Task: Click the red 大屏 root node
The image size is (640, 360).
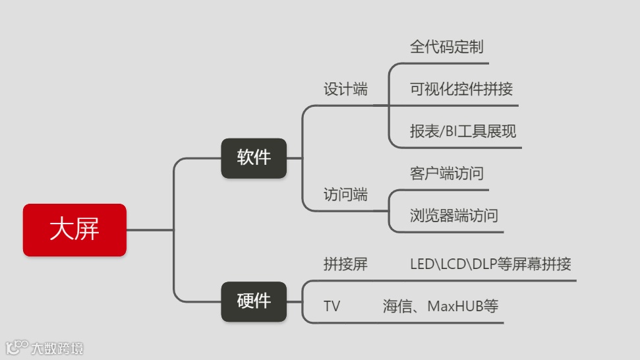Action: (x=74, y=230)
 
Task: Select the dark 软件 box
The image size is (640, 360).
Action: (x=254, y=158)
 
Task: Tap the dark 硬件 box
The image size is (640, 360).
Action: (x=254, y=302)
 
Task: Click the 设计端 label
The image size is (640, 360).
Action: (x=345, y=90)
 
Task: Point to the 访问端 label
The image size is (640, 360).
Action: (x=345, y=195)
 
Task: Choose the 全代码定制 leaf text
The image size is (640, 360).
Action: (x=447, y=47)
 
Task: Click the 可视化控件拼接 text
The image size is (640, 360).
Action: (x=461, y=90)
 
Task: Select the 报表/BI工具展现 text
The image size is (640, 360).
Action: (x=463, y=131)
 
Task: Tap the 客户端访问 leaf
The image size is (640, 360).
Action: (x=447, y=174)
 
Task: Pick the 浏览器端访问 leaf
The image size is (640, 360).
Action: (x=454, y=216)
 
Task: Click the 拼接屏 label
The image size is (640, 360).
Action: (x=345, y=265)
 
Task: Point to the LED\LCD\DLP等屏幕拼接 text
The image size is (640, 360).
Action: (x=490, y=265)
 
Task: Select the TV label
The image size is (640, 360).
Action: (x=332, y=307)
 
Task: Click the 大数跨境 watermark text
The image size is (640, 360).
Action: (x=57, y=348)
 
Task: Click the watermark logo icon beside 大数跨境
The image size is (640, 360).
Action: (x=17, y=347)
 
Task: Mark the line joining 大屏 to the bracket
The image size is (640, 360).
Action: (x=150, y=230)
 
